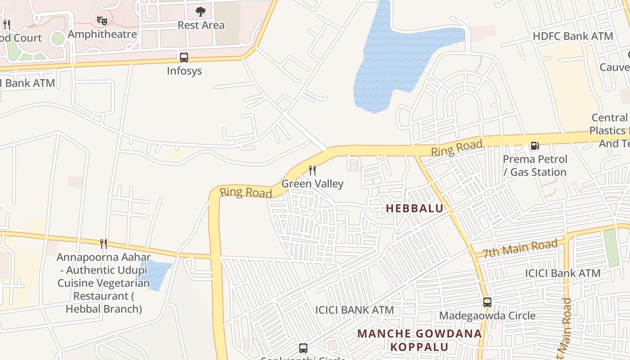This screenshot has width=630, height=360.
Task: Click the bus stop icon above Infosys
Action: pyautogui.click(x=184, y=58)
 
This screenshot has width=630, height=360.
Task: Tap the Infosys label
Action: pyautogui.click(x=184, y=71)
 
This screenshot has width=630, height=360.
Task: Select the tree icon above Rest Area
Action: pyautogui.click(x=201, y=12)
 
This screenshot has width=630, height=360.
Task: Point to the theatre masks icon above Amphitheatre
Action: pyautogui.click(x=103, y=20)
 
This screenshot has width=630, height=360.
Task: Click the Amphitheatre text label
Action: pyautogui.click(x=102, y=34)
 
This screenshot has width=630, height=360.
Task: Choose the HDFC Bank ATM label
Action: pyautogui.click(x=573, y=36)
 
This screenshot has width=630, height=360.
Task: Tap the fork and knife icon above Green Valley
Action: pyautogui.click(x=312, y=171)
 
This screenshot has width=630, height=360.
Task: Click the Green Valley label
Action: pyautogui.click(x=312, y=184)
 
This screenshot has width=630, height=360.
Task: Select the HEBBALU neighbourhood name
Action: pyautogui.click(x=414, y=208)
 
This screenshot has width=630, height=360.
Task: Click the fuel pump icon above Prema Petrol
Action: pyautogui.click(x=535, y=146)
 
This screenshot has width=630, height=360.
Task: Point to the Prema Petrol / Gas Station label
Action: pyautogui.click(x=535, y=166)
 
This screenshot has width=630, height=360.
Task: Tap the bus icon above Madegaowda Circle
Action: pyautogui.click(x=487, y=302)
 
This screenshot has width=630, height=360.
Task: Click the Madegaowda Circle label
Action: pyautogui.click(x=487, y=315)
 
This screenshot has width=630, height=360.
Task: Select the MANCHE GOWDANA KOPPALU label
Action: pyautogui.click(x=419, y=340)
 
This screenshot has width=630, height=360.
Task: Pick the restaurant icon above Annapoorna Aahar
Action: pyautogui.click(x=103, y=244)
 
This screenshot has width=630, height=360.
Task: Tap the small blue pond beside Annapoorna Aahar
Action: pyautogui.click(x=156, y=273)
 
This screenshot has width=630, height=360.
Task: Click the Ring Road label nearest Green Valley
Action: pyautogui.click(x=246, y=192)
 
